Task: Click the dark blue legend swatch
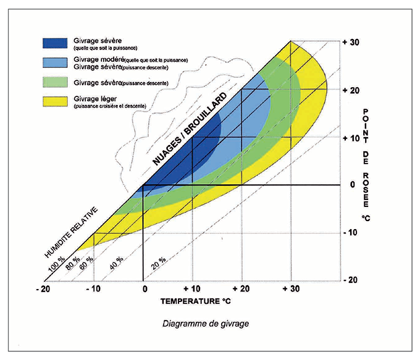click(x=56, y=43)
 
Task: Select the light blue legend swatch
click(x=56, y=62)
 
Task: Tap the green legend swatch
click(x=56, y=82)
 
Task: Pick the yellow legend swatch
click(x=56, y=101)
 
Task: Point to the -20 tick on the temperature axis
click(x=43, y=288)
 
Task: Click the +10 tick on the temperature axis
click(x=191, y=288)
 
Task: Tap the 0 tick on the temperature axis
click(x=143, y=288)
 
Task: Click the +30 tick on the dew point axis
click(x=350, y=42)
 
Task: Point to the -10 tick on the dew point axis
click(x=350, y=232)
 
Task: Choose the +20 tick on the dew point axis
click(x=350, y=90)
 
